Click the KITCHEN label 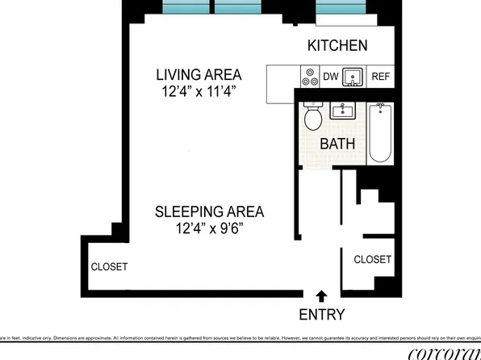338,46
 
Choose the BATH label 337,144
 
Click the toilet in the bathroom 313,118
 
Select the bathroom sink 345,110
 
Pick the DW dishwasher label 330,77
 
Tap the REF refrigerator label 381,77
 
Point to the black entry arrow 322,296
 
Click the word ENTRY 322,315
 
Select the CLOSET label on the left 109,267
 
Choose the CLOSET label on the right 373,259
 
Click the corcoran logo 443,353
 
